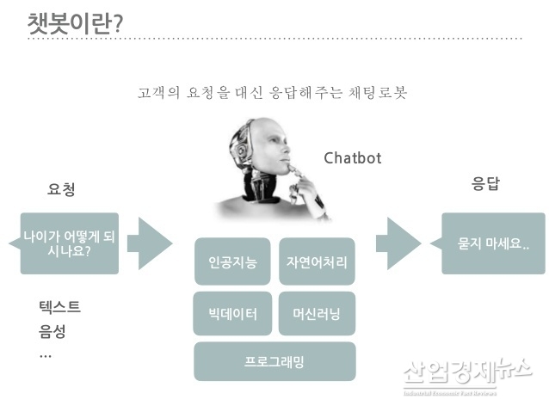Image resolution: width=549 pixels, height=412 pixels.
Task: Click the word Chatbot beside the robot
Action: click(352, 158)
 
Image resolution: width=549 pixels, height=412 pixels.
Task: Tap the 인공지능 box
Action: click(232, 261)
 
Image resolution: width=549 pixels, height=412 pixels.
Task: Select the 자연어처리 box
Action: click(317, 261)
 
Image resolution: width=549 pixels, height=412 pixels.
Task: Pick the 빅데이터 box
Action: click(232, 313)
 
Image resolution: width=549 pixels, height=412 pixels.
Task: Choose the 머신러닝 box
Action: click(317, 313)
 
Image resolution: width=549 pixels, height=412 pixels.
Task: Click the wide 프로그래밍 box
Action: click(274, 361)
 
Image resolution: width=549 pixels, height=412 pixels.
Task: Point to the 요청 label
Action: click(61, 190)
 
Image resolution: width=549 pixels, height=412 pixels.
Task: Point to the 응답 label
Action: click(485, 184)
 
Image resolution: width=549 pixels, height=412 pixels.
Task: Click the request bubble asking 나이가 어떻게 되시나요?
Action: click(68, 243)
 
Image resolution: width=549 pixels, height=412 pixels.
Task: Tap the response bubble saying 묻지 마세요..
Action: click(493, 243)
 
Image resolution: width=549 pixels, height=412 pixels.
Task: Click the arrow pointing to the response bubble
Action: click(398, 243)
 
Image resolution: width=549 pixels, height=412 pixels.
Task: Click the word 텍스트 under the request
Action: click(59, 306)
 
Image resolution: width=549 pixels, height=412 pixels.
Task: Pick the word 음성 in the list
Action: click(52, 331)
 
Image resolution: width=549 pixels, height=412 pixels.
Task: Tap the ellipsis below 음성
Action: click(46, 354)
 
